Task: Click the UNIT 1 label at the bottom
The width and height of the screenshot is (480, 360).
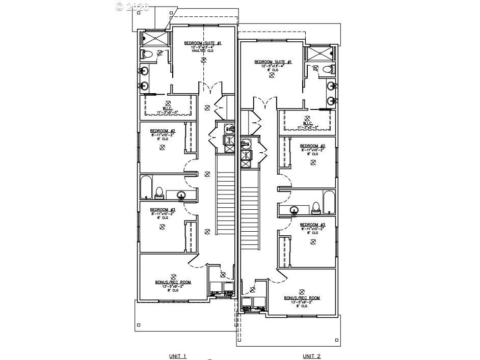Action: coord(178,356)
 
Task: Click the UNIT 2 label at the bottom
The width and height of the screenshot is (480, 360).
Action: coord(312,356)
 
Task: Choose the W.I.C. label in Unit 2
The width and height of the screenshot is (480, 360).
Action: coord(307,123)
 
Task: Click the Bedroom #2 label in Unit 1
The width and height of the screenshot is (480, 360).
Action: coord(163,131)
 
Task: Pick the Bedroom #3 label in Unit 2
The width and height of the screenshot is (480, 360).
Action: coord(312,225)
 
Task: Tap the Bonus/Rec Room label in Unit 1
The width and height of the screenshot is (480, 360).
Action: coord(173,282)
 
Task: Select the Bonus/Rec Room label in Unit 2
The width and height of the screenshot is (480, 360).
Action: coord(302,298)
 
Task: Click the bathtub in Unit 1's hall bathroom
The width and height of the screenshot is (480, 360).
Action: coord(146,187)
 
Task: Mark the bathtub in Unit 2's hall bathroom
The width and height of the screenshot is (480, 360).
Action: coord(329,202)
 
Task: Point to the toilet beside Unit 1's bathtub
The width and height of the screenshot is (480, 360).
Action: coord(159,192)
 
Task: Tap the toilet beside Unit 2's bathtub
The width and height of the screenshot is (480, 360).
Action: coord(315,207)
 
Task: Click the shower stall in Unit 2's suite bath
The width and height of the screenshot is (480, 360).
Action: coord(319,53)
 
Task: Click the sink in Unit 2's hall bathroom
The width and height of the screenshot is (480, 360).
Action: coord(295,210)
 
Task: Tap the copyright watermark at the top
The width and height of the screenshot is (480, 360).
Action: coord(132,7)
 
